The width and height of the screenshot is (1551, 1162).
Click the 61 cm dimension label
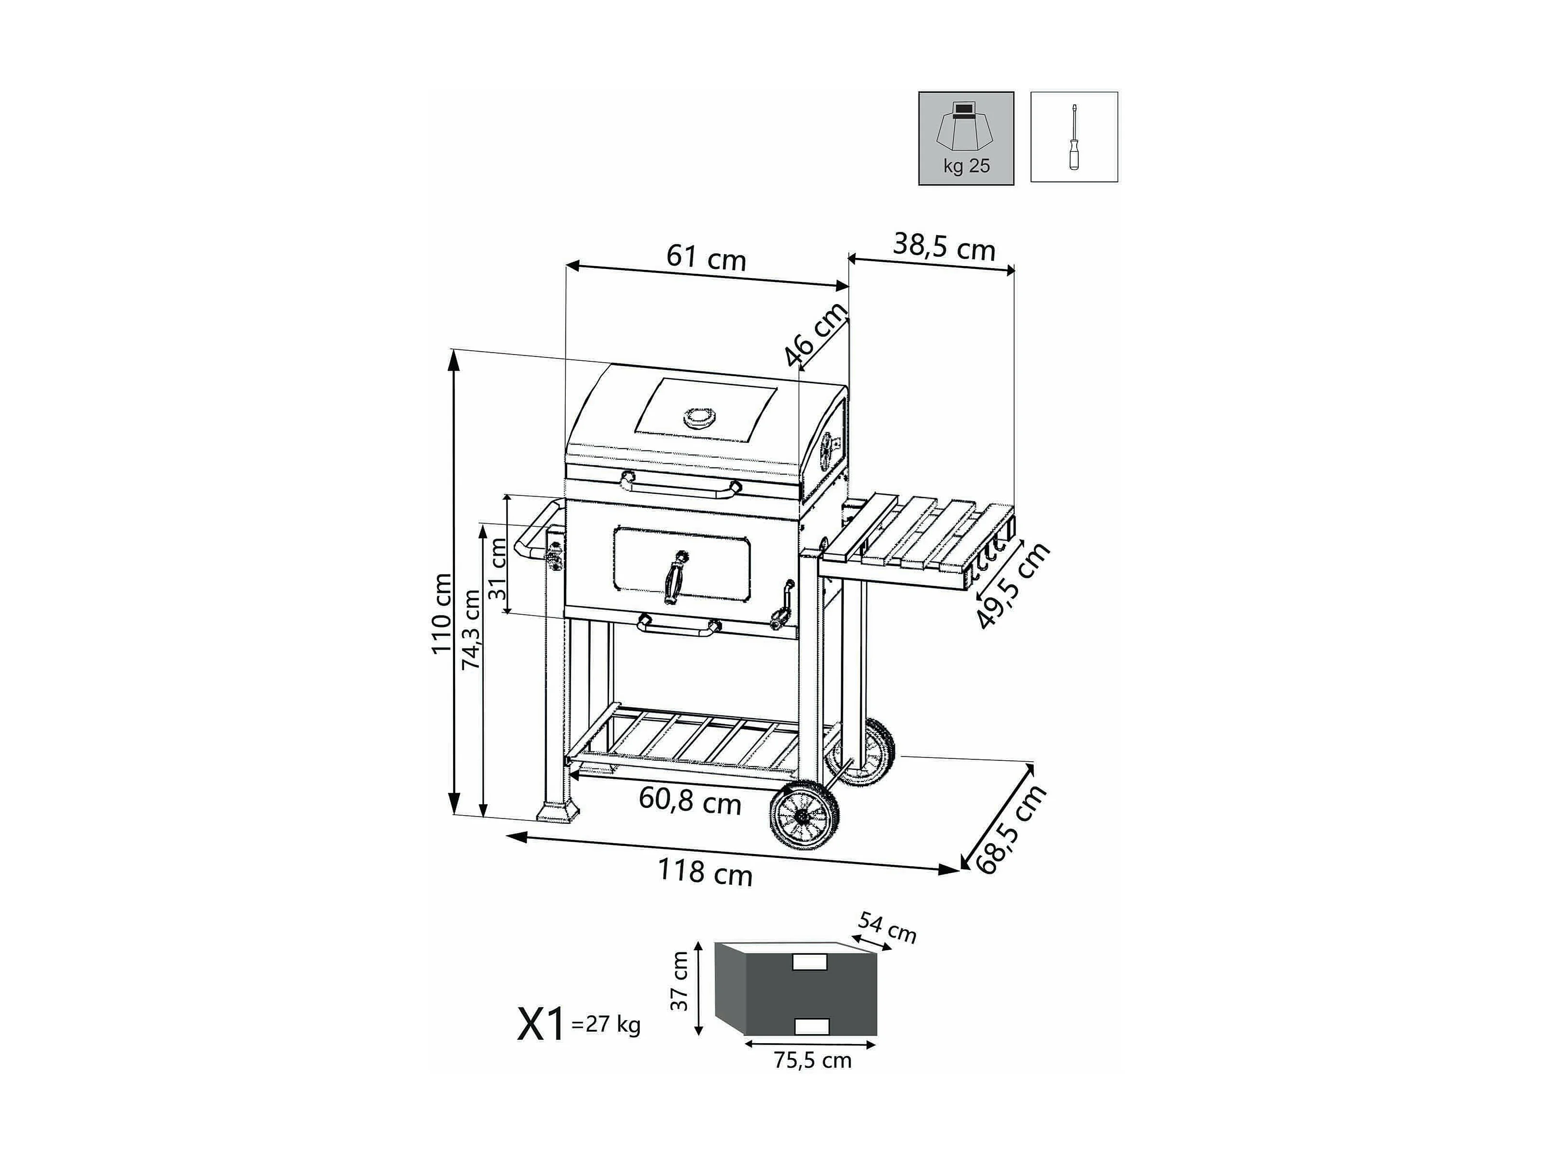pyautogui.click(x=706, y=257)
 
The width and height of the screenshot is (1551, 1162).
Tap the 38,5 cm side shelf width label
pyautogui.click(x=944, y=247)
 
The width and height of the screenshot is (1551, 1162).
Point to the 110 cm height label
pyautogui.click(x=441, y=614)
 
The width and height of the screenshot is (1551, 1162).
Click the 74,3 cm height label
pyautogui.click(x=471, y=629)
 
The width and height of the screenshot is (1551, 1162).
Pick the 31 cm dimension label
pyautogui.click(x=497, y=568)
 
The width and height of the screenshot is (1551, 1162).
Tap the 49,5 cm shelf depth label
pyautogui.click(x=1013, y=585)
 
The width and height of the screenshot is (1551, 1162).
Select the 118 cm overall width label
pyautogui.click(x=704, y=872)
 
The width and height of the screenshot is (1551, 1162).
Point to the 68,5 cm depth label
pyautogui.click(x=1011, y=829)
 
